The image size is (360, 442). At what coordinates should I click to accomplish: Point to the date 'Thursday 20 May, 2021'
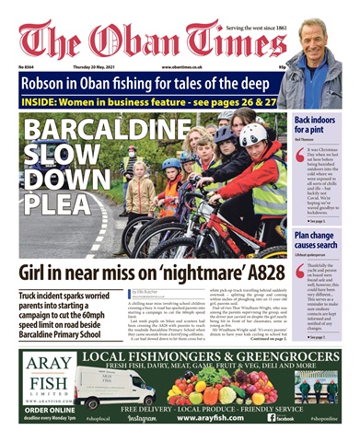(x=100, y=67)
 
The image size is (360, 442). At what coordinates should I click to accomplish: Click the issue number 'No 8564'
(x=27, y=67)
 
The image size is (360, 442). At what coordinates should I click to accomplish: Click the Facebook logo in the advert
(x=273, y=416)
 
